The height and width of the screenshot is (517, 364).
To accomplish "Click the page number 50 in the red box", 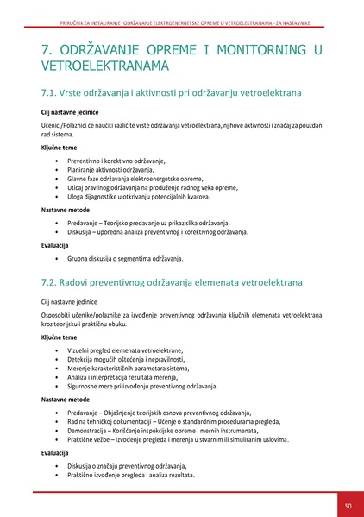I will pyautogui.click(x=348, y=504).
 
